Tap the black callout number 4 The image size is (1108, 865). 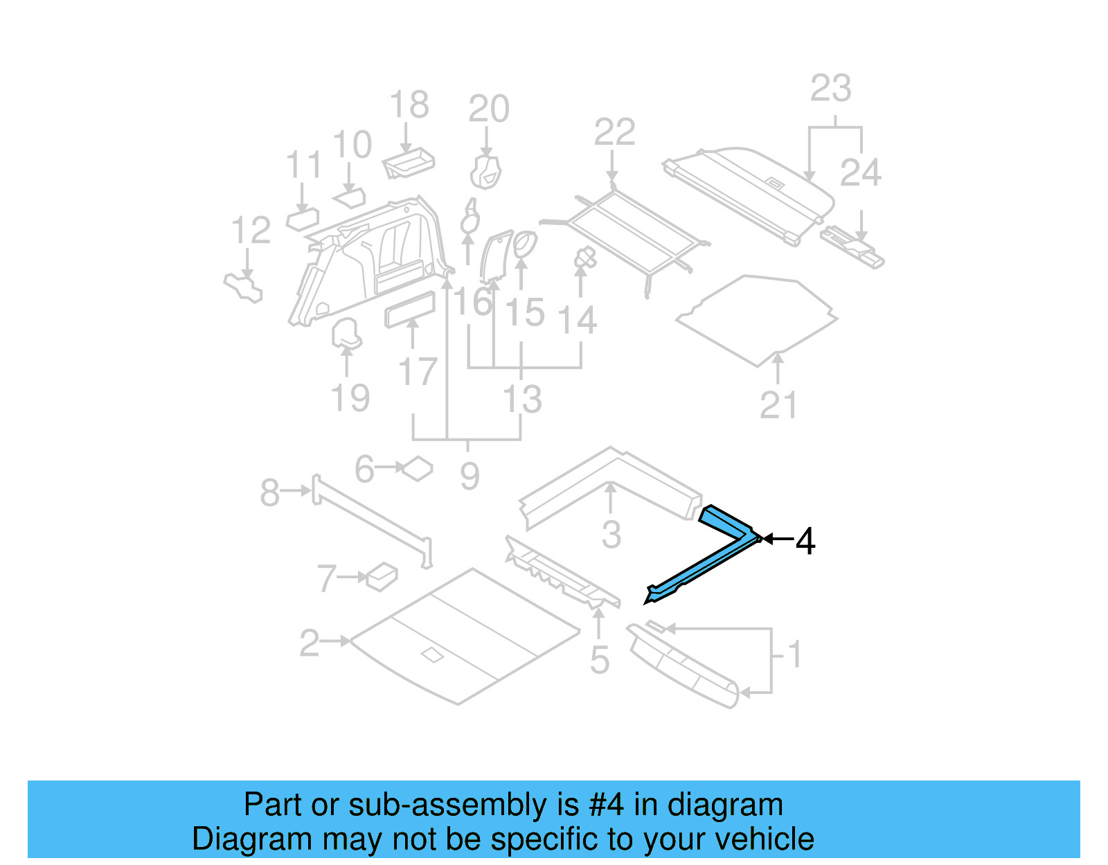coord(805,541)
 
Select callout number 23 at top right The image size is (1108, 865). coord(830,89)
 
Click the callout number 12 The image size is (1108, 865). coord(251,231)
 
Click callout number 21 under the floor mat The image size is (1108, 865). coord(778,405)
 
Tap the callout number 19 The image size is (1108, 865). coord(350,398)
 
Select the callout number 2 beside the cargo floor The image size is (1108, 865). coord(310,643)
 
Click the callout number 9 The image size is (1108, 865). coord(470,476)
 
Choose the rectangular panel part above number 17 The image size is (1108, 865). coord(410,309)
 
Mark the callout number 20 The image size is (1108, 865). coord(489,109)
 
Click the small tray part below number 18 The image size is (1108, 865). coord(409,163)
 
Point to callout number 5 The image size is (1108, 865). coord(600,660)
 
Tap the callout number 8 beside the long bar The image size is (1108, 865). coord(269,493)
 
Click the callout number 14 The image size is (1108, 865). coord(577,321)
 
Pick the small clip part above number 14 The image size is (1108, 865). coord(585,258)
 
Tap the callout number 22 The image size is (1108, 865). coord(614,132)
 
